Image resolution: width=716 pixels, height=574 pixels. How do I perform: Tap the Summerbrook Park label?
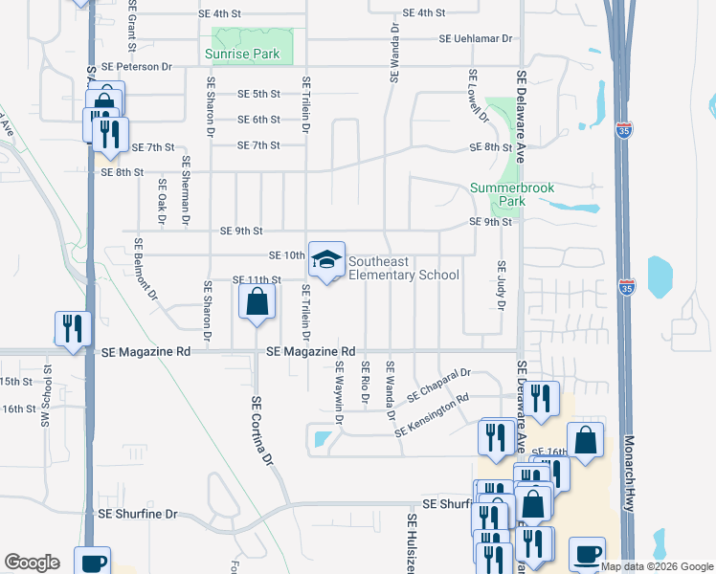(x=512, y=195)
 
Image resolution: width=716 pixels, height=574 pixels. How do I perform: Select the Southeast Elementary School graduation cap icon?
(x=326, y=258)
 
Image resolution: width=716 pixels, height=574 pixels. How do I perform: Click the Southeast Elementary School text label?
(x=403, y=268)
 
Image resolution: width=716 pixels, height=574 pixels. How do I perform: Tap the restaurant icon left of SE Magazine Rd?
(x=73, y=328)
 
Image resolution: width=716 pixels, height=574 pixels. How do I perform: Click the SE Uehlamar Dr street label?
(x=476, y=39)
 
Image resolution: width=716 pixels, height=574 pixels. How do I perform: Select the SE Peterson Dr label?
(x=136, y=67)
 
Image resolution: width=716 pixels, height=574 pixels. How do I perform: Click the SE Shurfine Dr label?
(x=138, y=514)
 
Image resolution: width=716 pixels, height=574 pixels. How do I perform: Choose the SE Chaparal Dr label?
(x=441, y=384)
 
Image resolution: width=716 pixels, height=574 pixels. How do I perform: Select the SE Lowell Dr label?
(x=479, y=96)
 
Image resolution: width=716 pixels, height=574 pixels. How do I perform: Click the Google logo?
(x=32, y=563)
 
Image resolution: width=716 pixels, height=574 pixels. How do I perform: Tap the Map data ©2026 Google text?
(x=656, y=566)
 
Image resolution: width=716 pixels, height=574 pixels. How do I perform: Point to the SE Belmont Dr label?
(x=145, y=269)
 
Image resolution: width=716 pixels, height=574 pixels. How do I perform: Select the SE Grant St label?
(x=131, y=33)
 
